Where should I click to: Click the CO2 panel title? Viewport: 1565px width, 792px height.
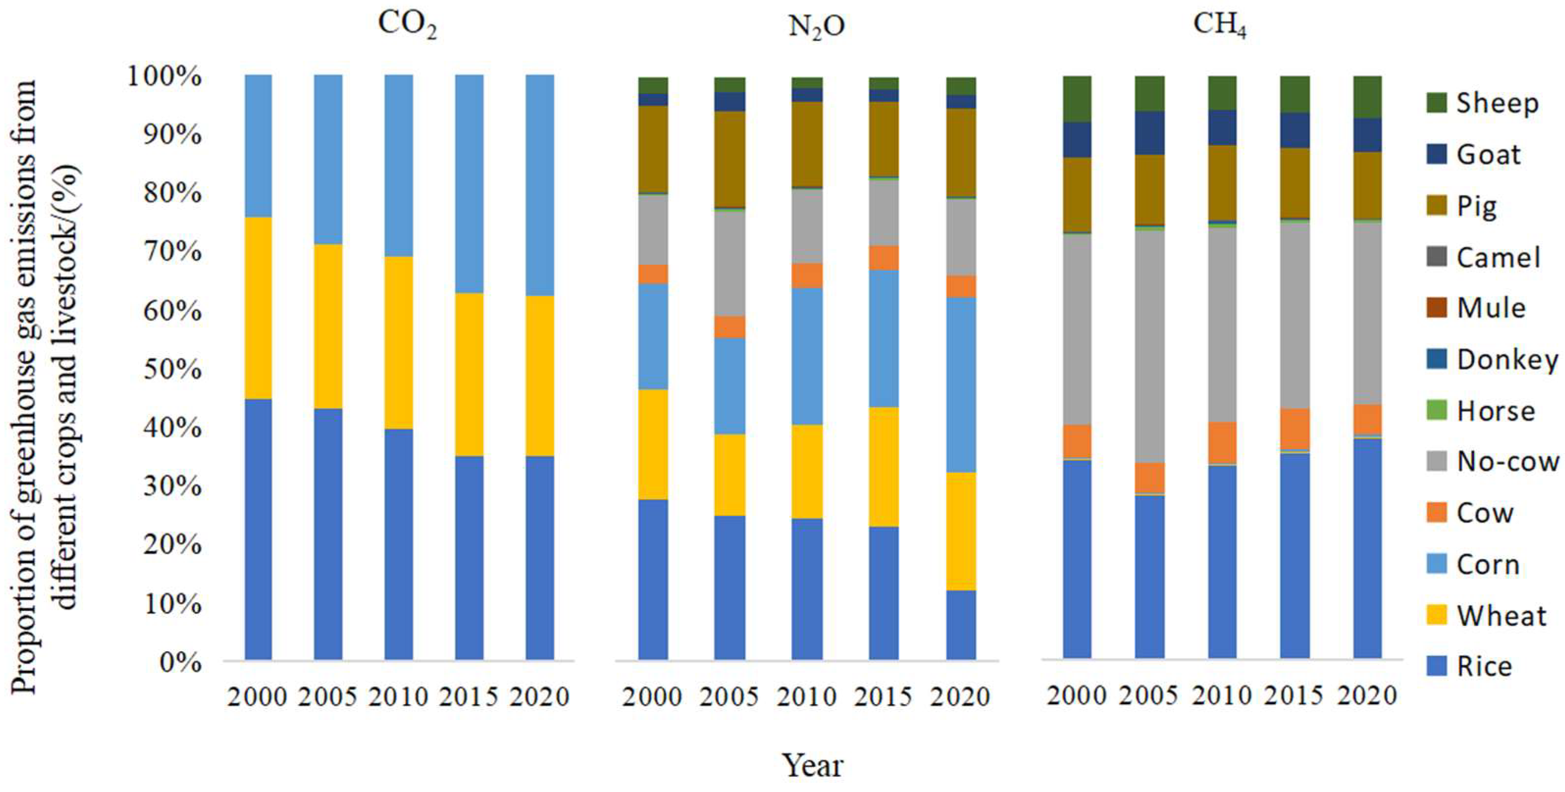tap(407, 26)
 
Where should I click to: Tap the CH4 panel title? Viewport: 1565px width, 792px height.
tap(1219, 26)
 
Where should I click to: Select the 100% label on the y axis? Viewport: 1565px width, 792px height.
tap(164, 77)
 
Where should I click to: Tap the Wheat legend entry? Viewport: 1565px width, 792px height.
tap(1501, 616)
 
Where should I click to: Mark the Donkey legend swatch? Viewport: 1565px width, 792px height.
tap(1437, 359)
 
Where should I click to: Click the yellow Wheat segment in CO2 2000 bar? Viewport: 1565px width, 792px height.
tap(258, 307)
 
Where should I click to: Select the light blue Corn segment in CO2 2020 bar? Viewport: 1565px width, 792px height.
tap(539, 185)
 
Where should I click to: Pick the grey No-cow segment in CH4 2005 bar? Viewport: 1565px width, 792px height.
tap(1150, 346)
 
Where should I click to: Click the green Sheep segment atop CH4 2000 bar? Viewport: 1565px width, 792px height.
tap(1077, 99)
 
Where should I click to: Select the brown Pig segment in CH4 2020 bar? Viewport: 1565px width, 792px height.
tap(1367, 185)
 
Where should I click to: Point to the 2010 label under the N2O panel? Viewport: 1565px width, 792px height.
tap(807, 696)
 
